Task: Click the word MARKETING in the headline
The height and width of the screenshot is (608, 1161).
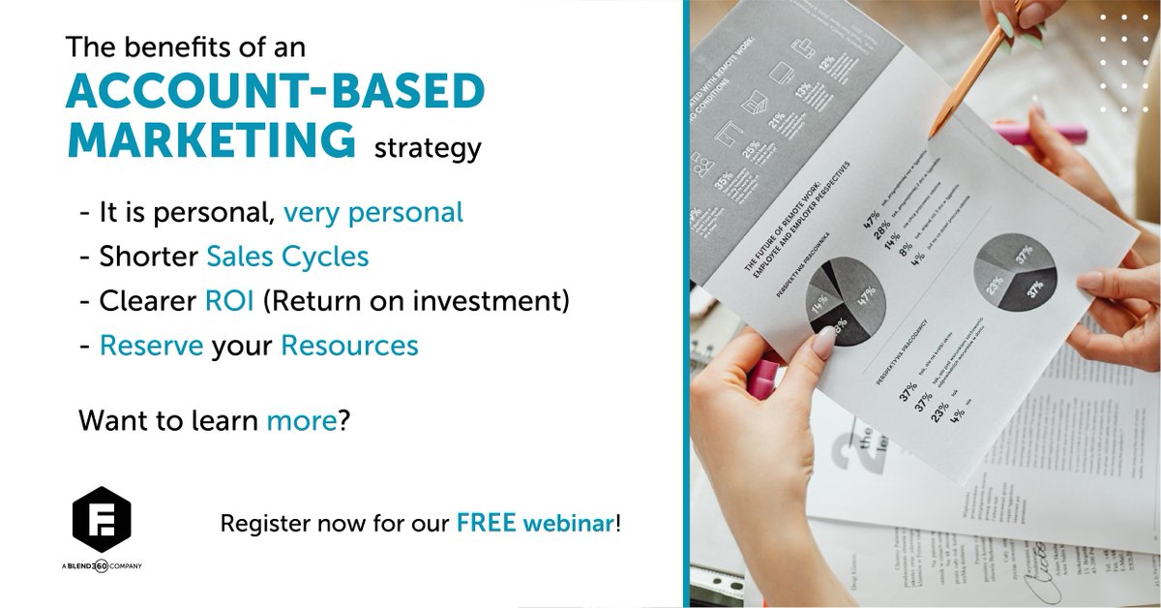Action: pos(211,139)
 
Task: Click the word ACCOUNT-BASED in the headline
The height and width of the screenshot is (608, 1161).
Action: pos(275,91)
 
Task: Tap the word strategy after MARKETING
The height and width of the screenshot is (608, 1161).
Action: pos(427,149)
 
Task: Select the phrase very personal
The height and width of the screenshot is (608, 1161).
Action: pos(373,212)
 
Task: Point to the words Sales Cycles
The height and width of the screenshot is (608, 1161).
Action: pos(287,257)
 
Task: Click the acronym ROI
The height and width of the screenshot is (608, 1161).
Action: pos(229,301)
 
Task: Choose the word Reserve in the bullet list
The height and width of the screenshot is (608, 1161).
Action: pos(152,346)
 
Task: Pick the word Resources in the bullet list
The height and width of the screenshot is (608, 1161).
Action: pos(349,346)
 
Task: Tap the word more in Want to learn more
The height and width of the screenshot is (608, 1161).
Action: pos(302,421)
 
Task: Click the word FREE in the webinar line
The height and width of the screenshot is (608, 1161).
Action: pos(487,524)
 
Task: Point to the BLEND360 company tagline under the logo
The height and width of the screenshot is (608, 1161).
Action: pos(102,566)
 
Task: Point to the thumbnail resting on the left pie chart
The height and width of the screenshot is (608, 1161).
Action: pos(828,341)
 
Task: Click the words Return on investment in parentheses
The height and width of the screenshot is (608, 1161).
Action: pos(416,301)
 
